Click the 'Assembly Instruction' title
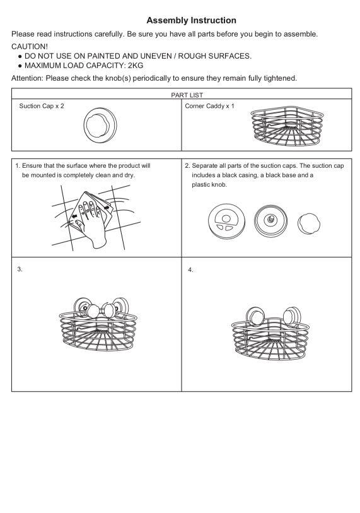click(191, 20)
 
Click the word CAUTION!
click(30, 47)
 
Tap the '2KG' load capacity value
click(136, 66)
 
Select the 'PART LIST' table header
click(187, 95)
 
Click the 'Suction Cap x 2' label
click(42, 106)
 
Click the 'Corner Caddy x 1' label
click(209, 106)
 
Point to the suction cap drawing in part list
click(100, 125)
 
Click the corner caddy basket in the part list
click(287, 126)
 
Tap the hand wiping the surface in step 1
click(92, 223)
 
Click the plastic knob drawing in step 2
click(309, 224)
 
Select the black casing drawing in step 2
click(226, 221)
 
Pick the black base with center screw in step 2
click(270, 221)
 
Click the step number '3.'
click(20, 269)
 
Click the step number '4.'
click(190, 270)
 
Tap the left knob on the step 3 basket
click(93, 311)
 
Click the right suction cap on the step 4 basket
click(292, 316)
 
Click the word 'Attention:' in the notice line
click(27, 78)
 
